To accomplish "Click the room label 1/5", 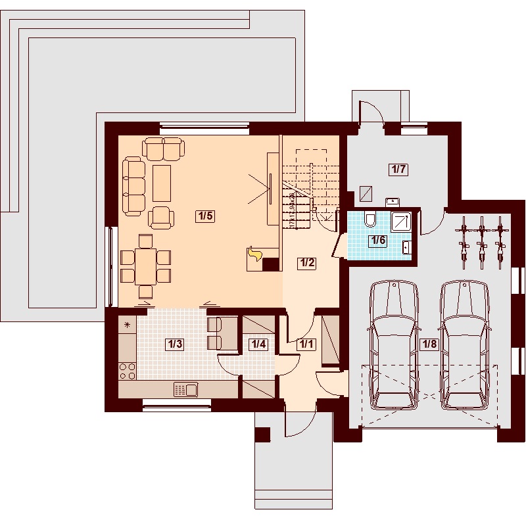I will click(x=206, y=216).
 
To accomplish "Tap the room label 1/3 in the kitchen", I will click(x=174, y=343).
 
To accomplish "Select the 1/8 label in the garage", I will click(x=428, y=343).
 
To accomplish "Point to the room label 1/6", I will click(x=377, y=240).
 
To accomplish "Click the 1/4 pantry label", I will click(x=258, y=343).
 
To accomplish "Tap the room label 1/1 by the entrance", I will click(x=306, y=343).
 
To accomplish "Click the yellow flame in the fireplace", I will click(x=254, y=254).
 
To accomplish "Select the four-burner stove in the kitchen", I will click(x=128, y=371).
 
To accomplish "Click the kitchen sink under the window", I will click(x=185, y=390).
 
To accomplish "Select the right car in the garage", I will click(x=465, y=345).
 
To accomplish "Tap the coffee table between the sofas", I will click(x=162, y=183).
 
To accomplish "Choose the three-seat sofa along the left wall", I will click(x=133, y=185).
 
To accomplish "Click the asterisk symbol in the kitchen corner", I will click(x=127, y=325).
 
